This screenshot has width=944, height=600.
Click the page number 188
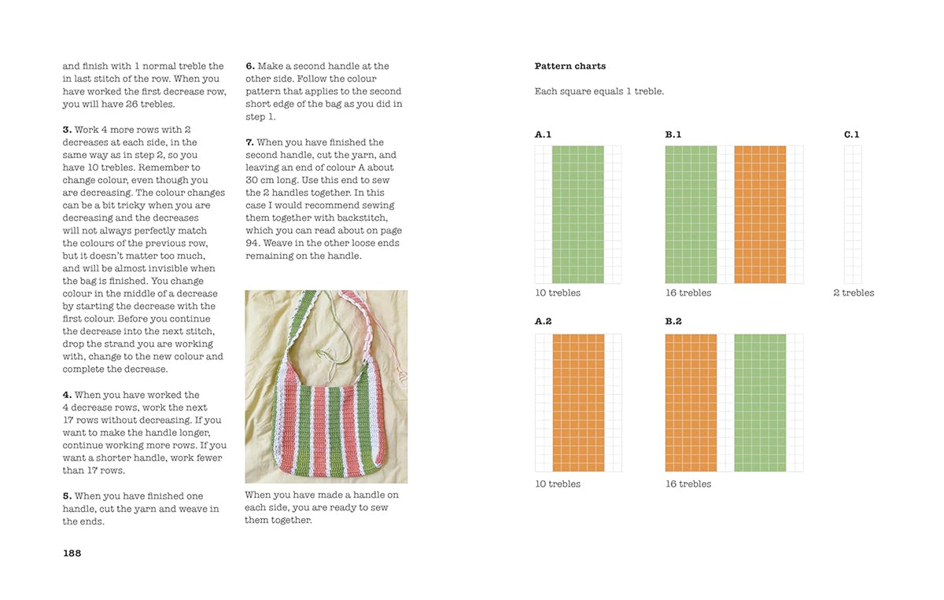(x=72, y=553)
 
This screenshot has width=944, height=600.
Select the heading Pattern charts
(x=570, y=66)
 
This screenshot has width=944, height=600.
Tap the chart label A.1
(x=543, y=134)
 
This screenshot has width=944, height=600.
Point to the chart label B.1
(x=673, y=134)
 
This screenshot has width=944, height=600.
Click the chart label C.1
(x=852, y=134)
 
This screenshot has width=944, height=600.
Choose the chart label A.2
(x=543, y=322)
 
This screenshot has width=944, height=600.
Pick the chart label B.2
(x=673, y=322)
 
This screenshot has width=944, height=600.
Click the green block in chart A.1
(x=577, y=214)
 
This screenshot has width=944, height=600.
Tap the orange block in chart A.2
(x=578, y=403)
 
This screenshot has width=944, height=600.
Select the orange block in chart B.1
(x=760, y=214)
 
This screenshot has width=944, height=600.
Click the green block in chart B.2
(x=760, y=403)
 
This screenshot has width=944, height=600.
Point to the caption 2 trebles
(x=854, y=293)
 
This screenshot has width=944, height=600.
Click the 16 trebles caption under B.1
(x=688, y=293)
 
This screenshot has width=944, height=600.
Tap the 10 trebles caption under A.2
(x=558, y=484)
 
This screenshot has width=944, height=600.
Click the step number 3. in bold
(x=67, y=130)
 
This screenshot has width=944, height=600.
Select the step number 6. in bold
(x=250, y=66)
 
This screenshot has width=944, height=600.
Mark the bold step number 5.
(x=67, y=496)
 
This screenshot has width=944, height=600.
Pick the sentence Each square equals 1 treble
(x=599, y=91)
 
